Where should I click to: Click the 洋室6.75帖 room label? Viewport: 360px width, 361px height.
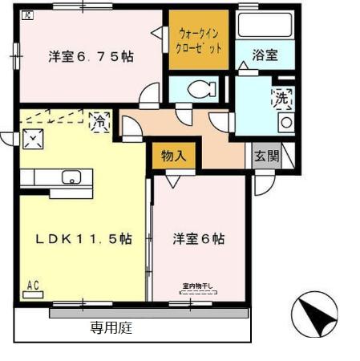90,56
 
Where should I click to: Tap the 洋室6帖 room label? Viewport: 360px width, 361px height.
197,239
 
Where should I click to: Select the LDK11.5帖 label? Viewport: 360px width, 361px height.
83,239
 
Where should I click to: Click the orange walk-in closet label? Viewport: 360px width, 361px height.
198,39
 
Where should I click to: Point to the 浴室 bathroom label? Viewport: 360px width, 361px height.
265,55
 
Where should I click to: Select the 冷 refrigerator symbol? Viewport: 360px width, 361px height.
99,122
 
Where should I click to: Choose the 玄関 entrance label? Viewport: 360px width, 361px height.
266,156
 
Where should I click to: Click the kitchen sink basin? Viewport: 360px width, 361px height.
71,178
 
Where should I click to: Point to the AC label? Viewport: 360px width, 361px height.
34,285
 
